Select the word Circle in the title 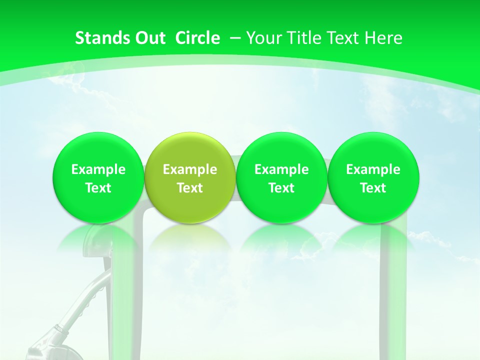point(197,38)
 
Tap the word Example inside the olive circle point(190,169)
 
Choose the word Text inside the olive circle point(190,188)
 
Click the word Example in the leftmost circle point(98,169)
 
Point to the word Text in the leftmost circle point(98,188)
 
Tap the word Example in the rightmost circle point(373,169)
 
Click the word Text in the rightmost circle point(373,188)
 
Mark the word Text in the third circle point(281,188)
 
